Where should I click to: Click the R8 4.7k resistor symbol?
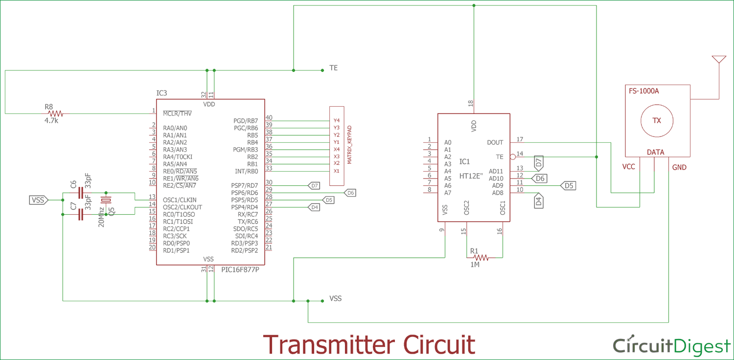coord(55,113)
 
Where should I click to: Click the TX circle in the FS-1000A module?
coord(657,120)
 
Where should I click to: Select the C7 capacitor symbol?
coord(81,215)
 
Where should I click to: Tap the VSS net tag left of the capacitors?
coord(38,200)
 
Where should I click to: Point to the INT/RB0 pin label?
coord(247,171)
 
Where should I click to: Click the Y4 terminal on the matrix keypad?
coord(336,120)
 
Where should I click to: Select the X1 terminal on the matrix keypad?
coord(336,171)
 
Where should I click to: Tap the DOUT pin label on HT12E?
coord(495,142)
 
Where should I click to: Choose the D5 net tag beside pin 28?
coord(329,200)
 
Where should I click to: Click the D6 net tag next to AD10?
coord(540,179)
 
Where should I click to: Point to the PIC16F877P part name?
coord(240,270)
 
